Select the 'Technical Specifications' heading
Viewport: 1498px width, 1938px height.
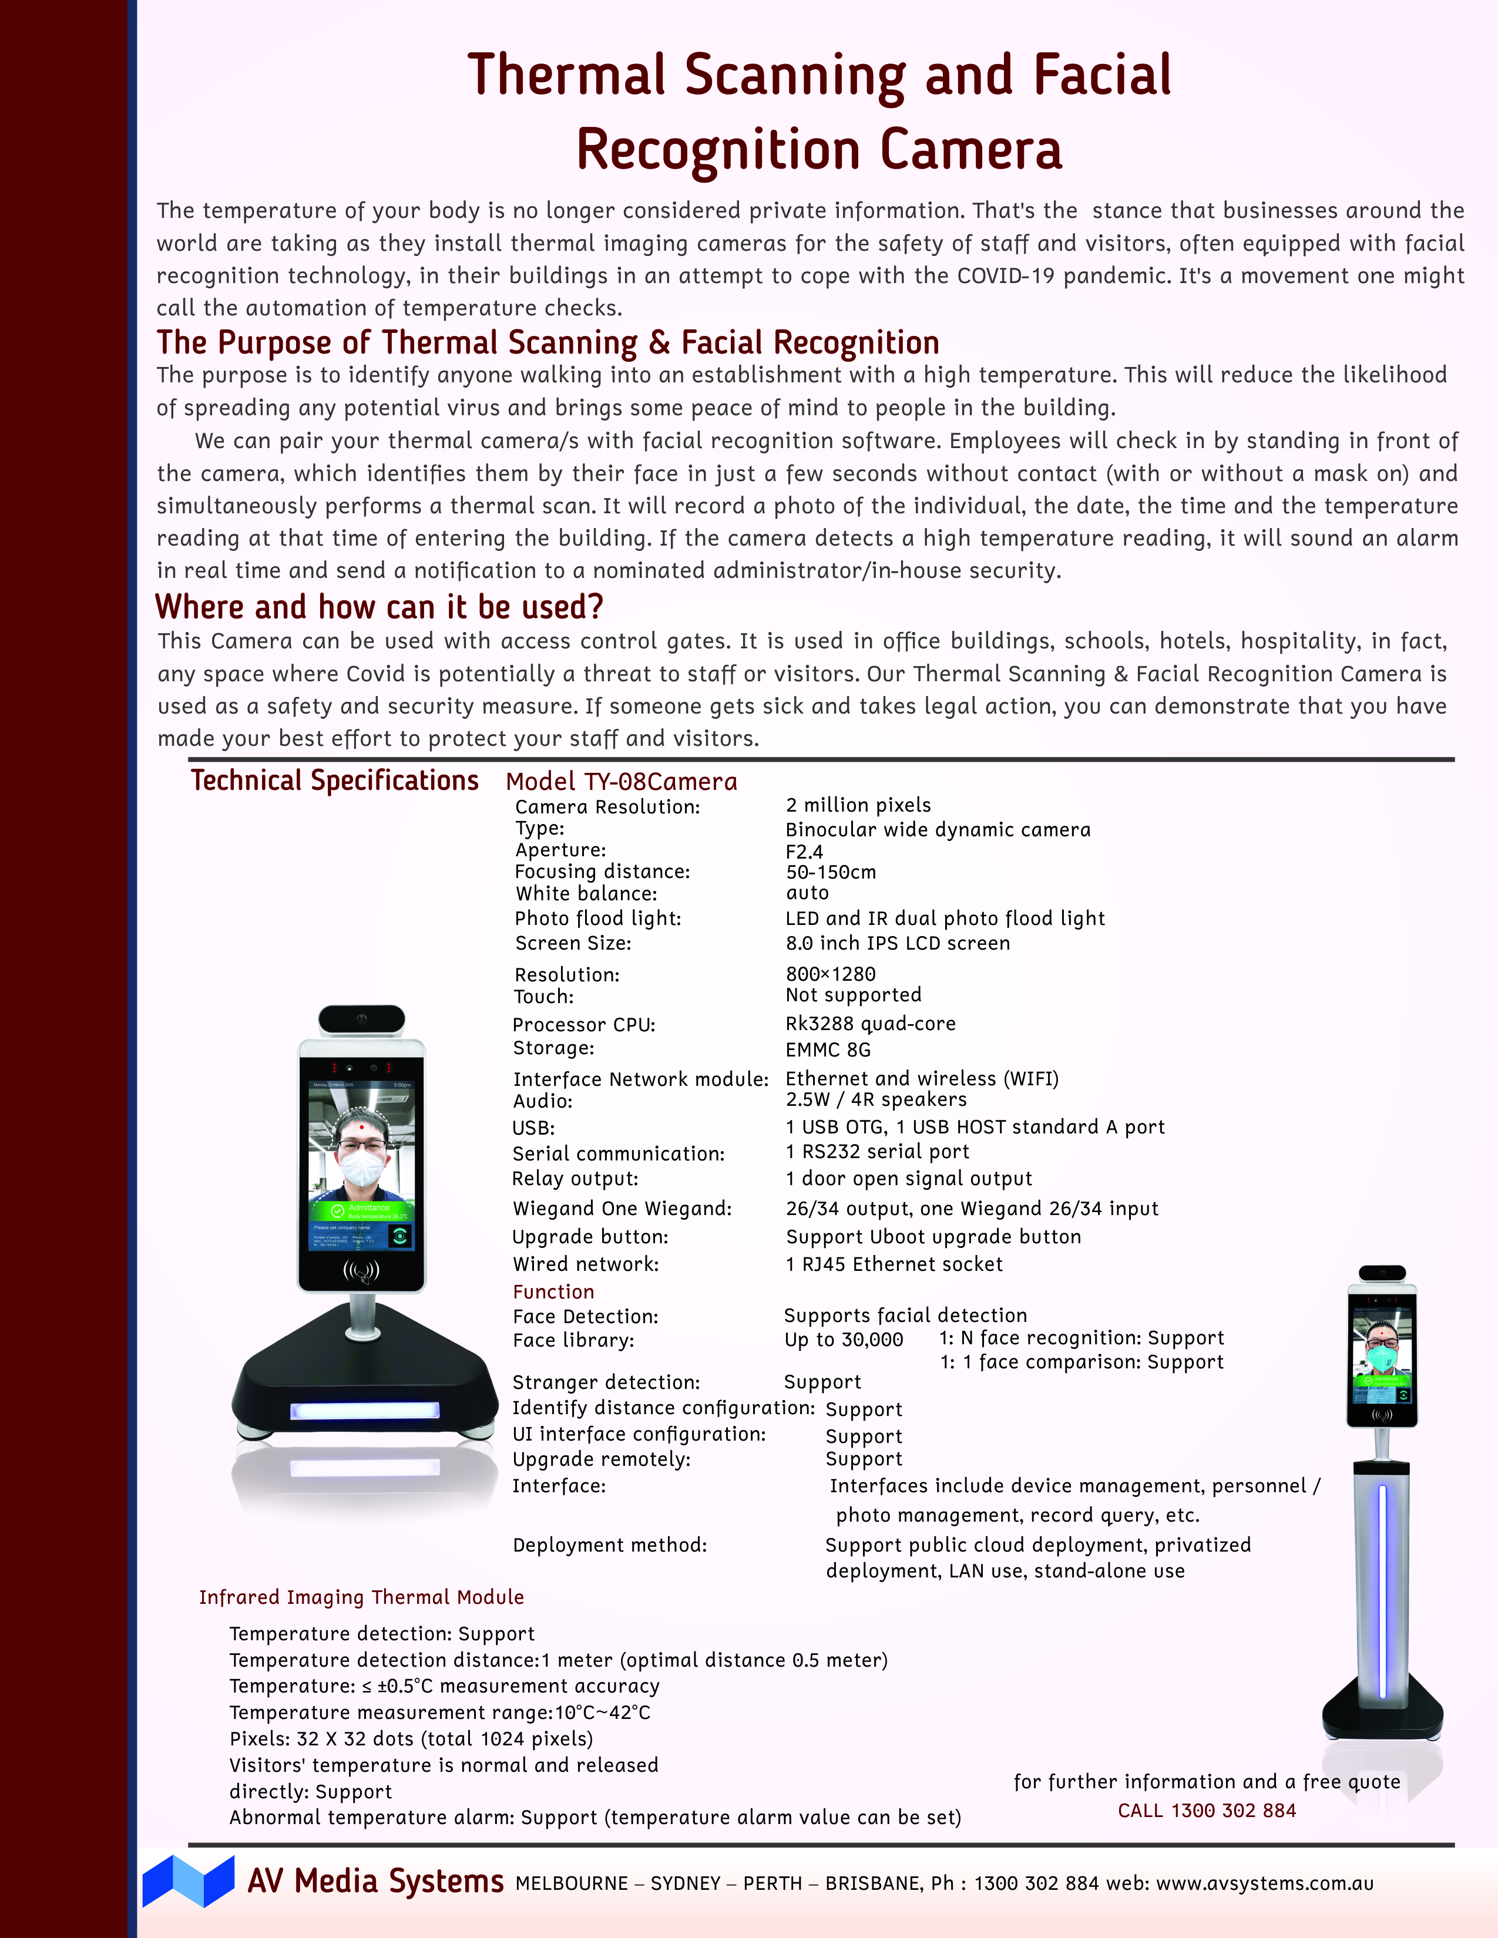click(335, 781)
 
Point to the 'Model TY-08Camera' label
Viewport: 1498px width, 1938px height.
click(621, 782)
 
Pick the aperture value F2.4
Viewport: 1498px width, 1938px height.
click(804, 852)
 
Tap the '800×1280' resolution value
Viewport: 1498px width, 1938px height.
click(831, 974)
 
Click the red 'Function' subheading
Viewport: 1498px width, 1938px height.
click(553, 1292)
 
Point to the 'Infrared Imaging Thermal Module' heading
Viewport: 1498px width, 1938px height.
click(361, 1597)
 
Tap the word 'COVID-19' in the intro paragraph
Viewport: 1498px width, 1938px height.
click(1006, 276)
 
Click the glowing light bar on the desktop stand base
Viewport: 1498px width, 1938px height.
click(365, 1410)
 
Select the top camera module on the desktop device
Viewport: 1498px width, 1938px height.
click(361, 1019)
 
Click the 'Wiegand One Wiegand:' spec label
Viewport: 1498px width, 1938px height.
click(622, 1209)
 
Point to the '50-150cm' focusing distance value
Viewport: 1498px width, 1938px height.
click(831, 872)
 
